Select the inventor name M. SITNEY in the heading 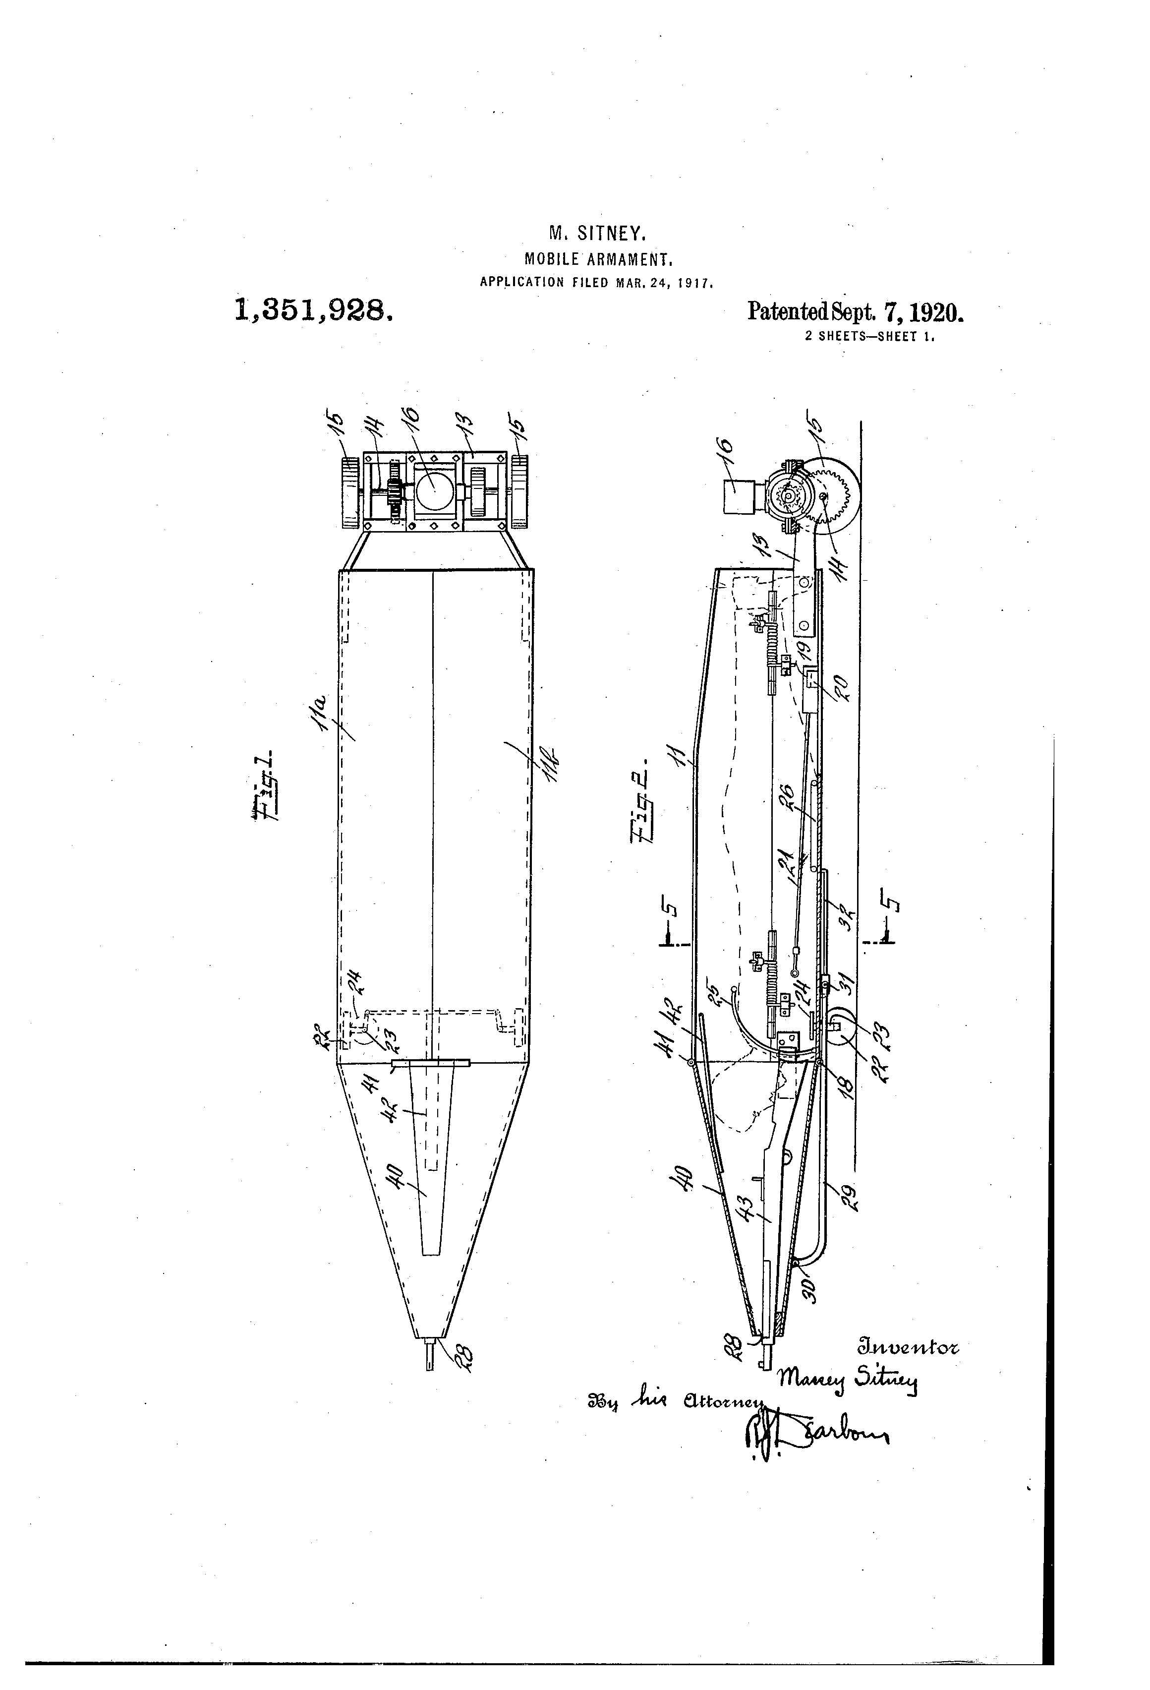click(596, 234)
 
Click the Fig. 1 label click(264, 787)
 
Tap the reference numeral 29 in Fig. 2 click(848, 1196)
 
